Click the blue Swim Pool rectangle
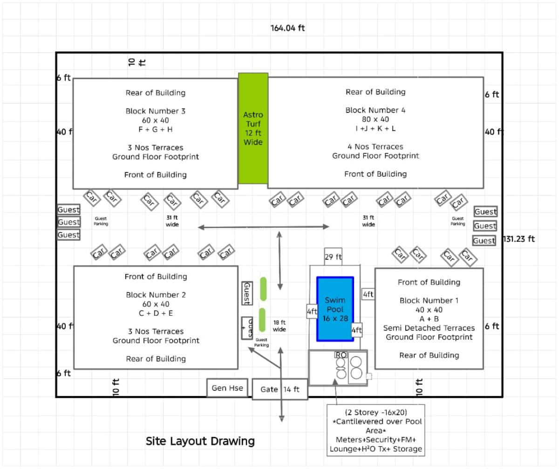(x=335, y=309)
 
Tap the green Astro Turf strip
(x=253, y=129)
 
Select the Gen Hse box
(x=227, y=388)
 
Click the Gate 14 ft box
(x=280, y=389)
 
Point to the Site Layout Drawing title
(x=200, y=441)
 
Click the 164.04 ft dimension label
(x=287, y=28)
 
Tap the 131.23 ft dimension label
(x=519, y=239)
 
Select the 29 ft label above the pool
(x=333, y=257)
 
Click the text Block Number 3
(x=155, y=111)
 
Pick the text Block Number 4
(x=375, y=110)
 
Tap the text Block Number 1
(x=429, y=300)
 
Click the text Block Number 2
(x=156, y=295)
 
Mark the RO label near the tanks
(x=341, y=355)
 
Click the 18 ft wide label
(x=279, y=326)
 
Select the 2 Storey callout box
(x=375, y=430)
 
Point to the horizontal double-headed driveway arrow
(x=264, y=227)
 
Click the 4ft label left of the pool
(x=312, y=311)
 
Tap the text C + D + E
(x=156, y=313)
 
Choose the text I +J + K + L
(x=375, y=129)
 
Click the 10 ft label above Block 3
(x=137, y=62)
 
